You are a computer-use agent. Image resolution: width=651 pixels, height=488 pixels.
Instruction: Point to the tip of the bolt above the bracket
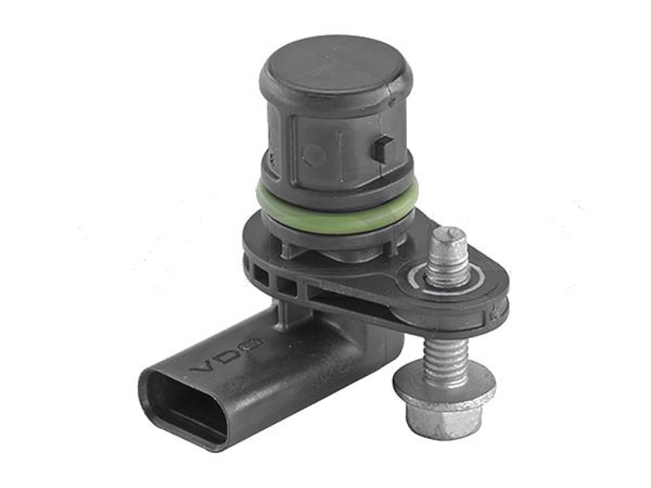click(x=449, y=231)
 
